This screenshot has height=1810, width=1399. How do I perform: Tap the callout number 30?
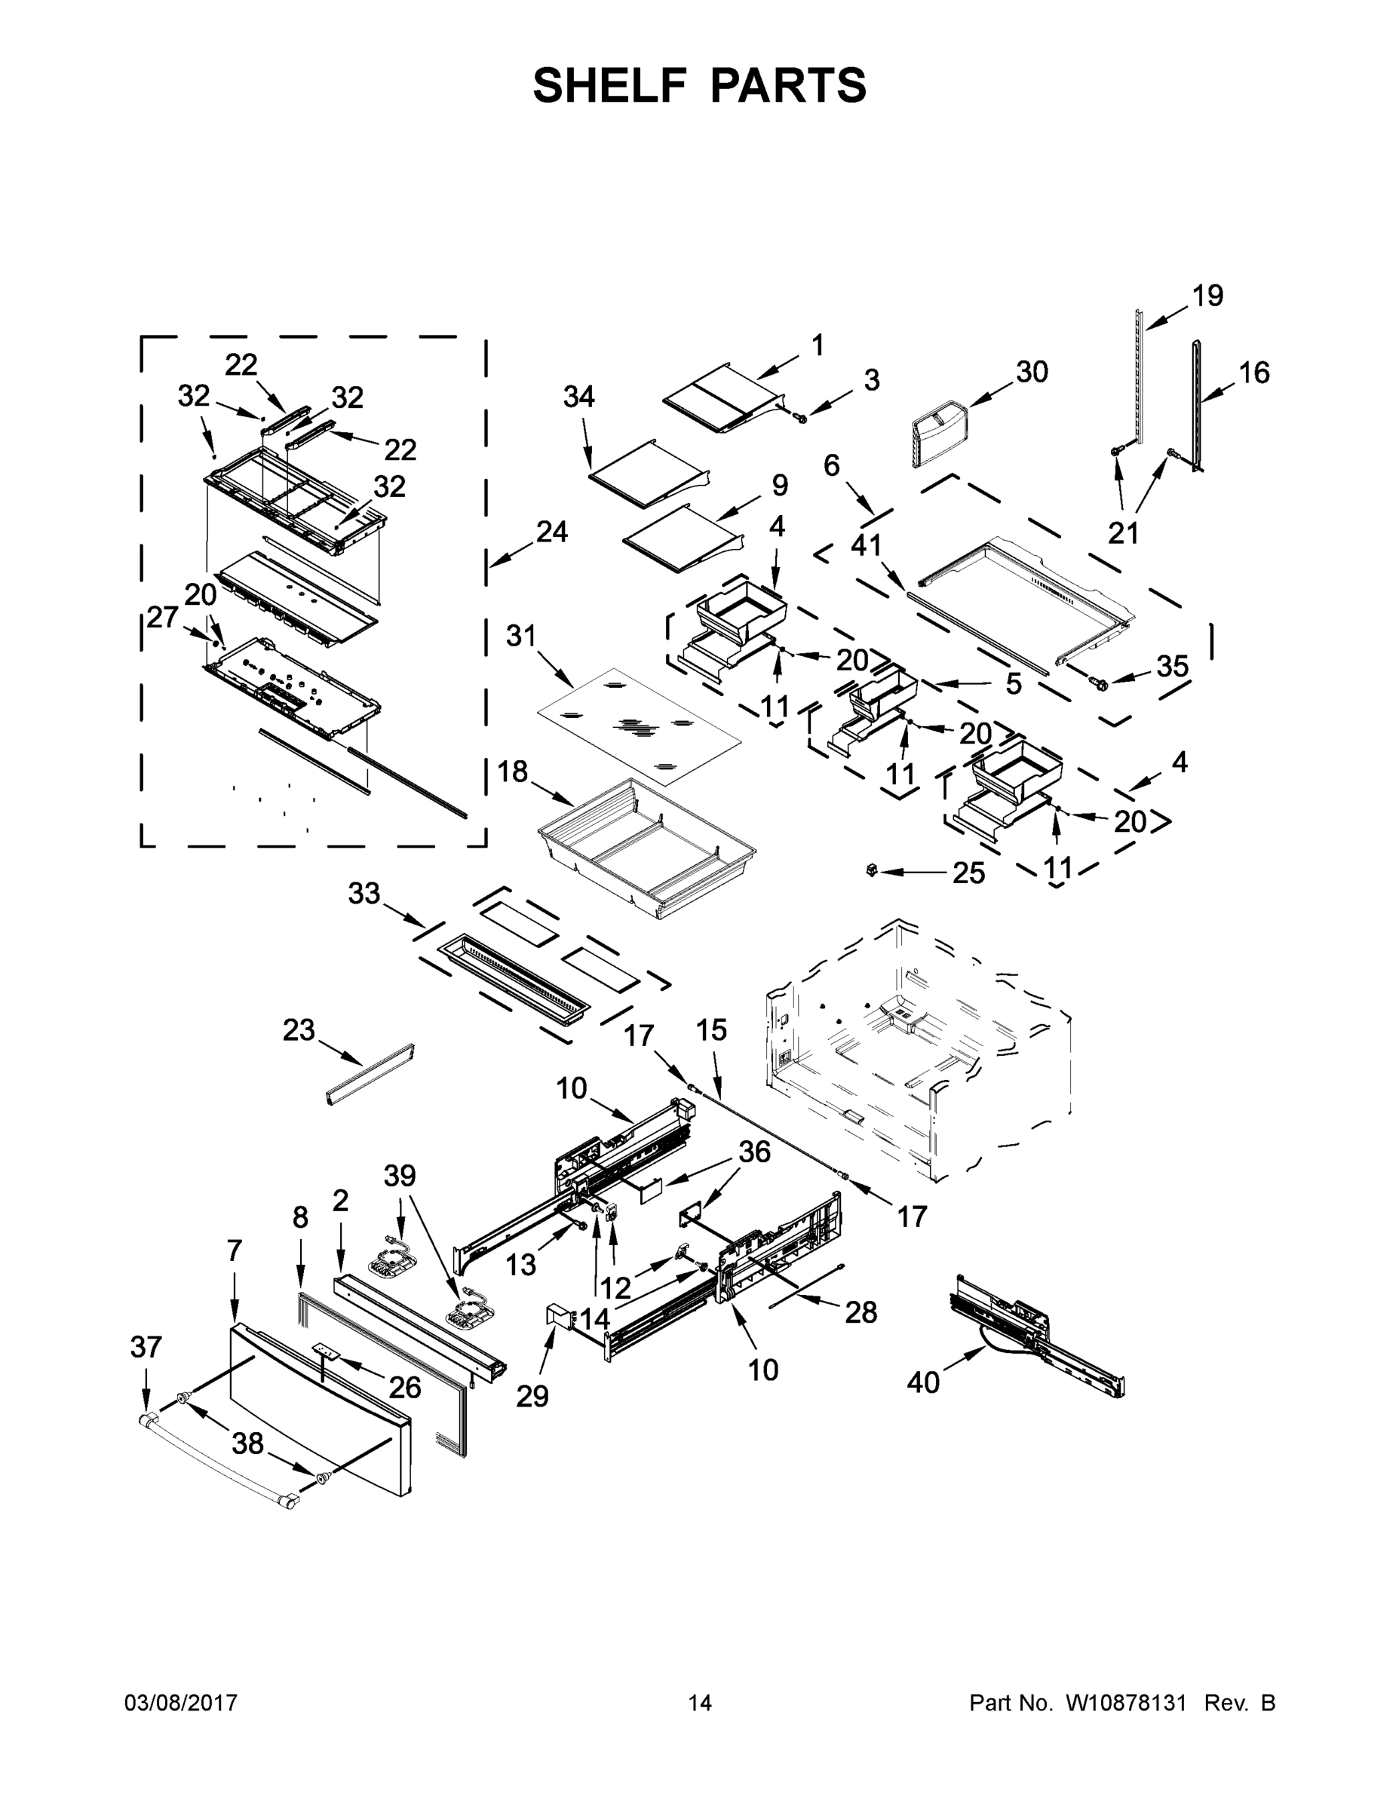[1032, 372]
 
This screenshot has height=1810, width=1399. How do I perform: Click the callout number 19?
[1207, 295]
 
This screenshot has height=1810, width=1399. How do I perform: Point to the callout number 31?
[521, 637]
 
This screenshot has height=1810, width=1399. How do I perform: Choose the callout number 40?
[923, 1382]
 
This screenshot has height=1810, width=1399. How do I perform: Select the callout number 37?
[146, 1348]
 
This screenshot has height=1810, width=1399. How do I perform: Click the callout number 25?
[968, 873]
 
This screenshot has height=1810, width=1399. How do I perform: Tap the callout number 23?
[299, 1030]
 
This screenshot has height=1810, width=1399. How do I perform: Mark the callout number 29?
[532, 1396]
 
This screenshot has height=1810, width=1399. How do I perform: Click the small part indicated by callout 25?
[870, 870]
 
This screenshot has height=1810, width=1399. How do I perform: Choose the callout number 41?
[866, 545]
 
